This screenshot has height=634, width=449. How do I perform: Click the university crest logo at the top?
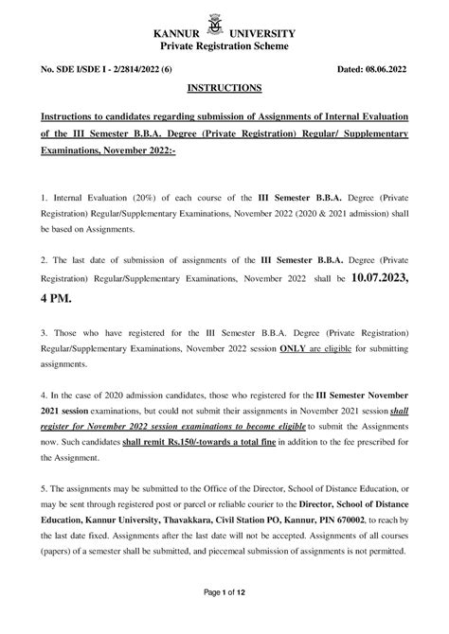point(224,19)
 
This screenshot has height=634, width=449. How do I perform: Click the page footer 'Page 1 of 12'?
point(224,617)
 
